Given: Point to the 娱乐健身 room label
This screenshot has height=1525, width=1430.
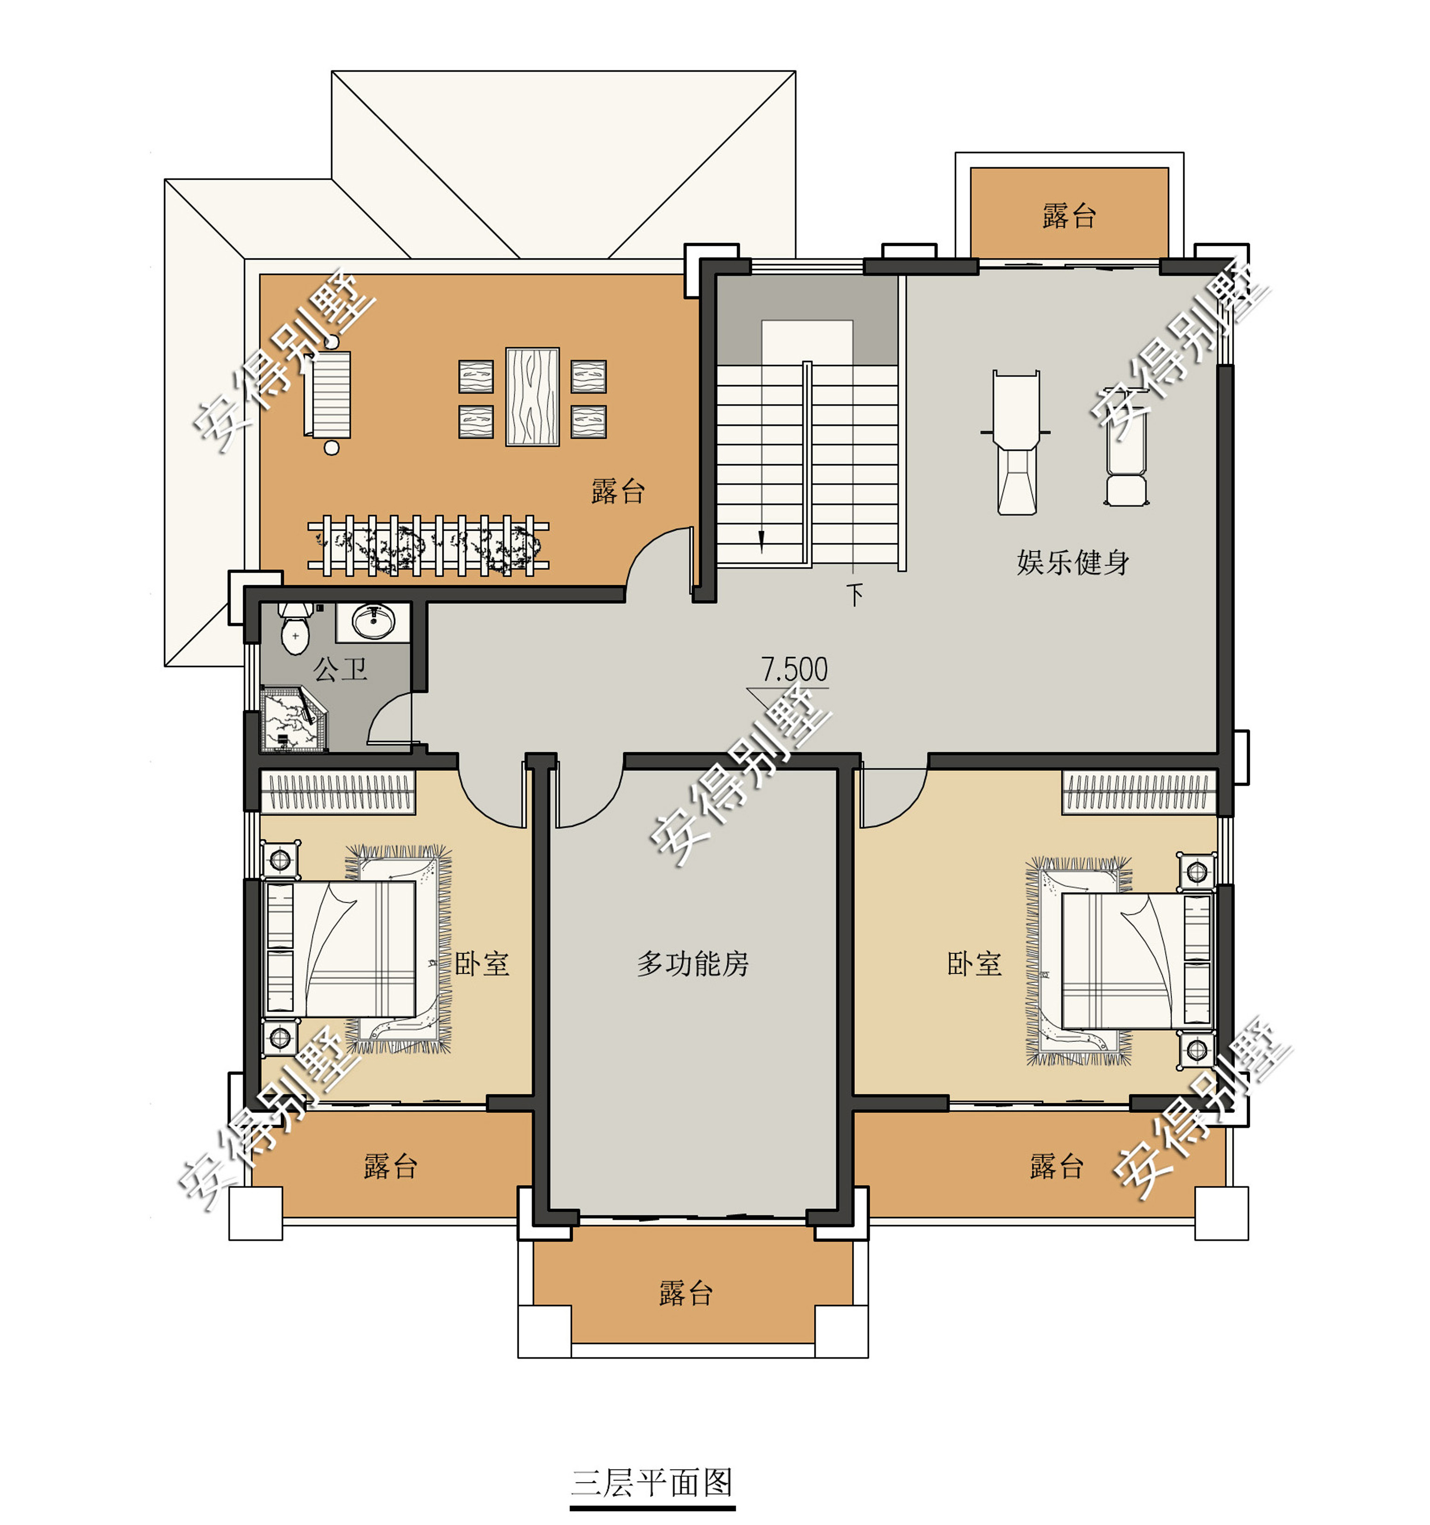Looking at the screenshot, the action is tap(1072, 562).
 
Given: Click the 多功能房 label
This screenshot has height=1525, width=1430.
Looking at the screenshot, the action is tap(692, 964).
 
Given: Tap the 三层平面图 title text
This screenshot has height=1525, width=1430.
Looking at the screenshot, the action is tap(651, 1482).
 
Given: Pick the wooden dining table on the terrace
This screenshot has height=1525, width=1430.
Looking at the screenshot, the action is tap(532, 397).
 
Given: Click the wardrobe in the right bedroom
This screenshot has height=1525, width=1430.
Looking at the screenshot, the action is tap(1139, 792).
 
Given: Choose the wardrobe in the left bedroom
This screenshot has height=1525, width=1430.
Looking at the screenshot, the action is tap(339, 792).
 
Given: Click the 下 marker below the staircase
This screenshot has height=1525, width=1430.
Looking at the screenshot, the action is tap(855, 594).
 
